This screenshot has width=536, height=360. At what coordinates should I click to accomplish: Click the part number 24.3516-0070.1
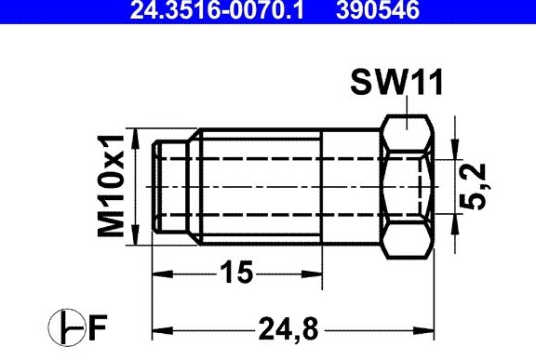tap(217, 9)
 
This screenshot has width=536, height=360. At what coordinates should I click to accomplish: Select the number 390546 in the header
tap(378, 9)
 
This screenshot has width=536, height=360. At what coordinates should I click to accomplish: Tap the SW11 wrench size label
tap(396, 82)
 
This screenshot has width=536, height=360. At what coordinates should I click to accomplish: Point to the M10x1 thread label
tap(111, 186)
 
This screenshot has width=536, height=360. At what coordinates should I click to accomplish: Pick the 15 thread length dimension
tap(236, 273)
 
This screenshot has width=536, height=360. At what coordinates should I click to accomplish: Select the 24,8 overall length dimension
tap(288, 328)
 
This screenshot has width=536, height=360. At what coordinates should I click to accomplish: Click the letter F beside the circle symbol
tap(98, 327)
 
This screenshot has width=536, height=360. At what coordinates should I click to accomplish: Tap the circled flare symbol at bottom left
tap(66, 327)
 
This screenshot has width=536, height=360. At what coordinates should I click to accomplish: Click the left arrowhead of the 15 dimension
tap(162, 273)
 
